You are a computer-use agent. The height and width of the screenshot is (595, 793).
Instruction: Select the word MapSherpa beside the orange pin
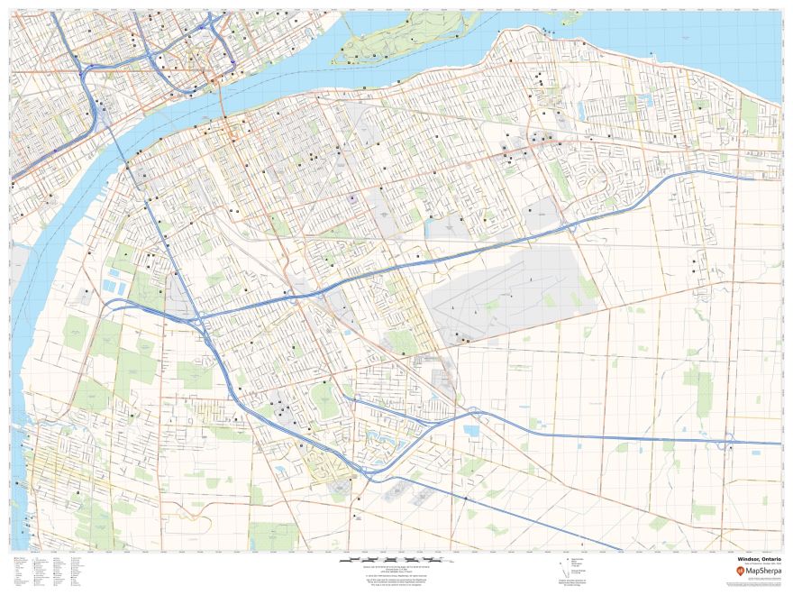pyautogui.click(x=757, y=572)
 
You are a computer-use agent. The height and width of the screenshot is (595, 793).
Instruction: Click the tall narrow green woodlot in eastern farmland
pyautogui.click(x=703, y=388)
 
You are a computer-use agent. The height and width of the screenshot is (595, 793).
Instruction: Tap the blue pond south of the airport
pyautogui.click(x=471, y=431)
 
